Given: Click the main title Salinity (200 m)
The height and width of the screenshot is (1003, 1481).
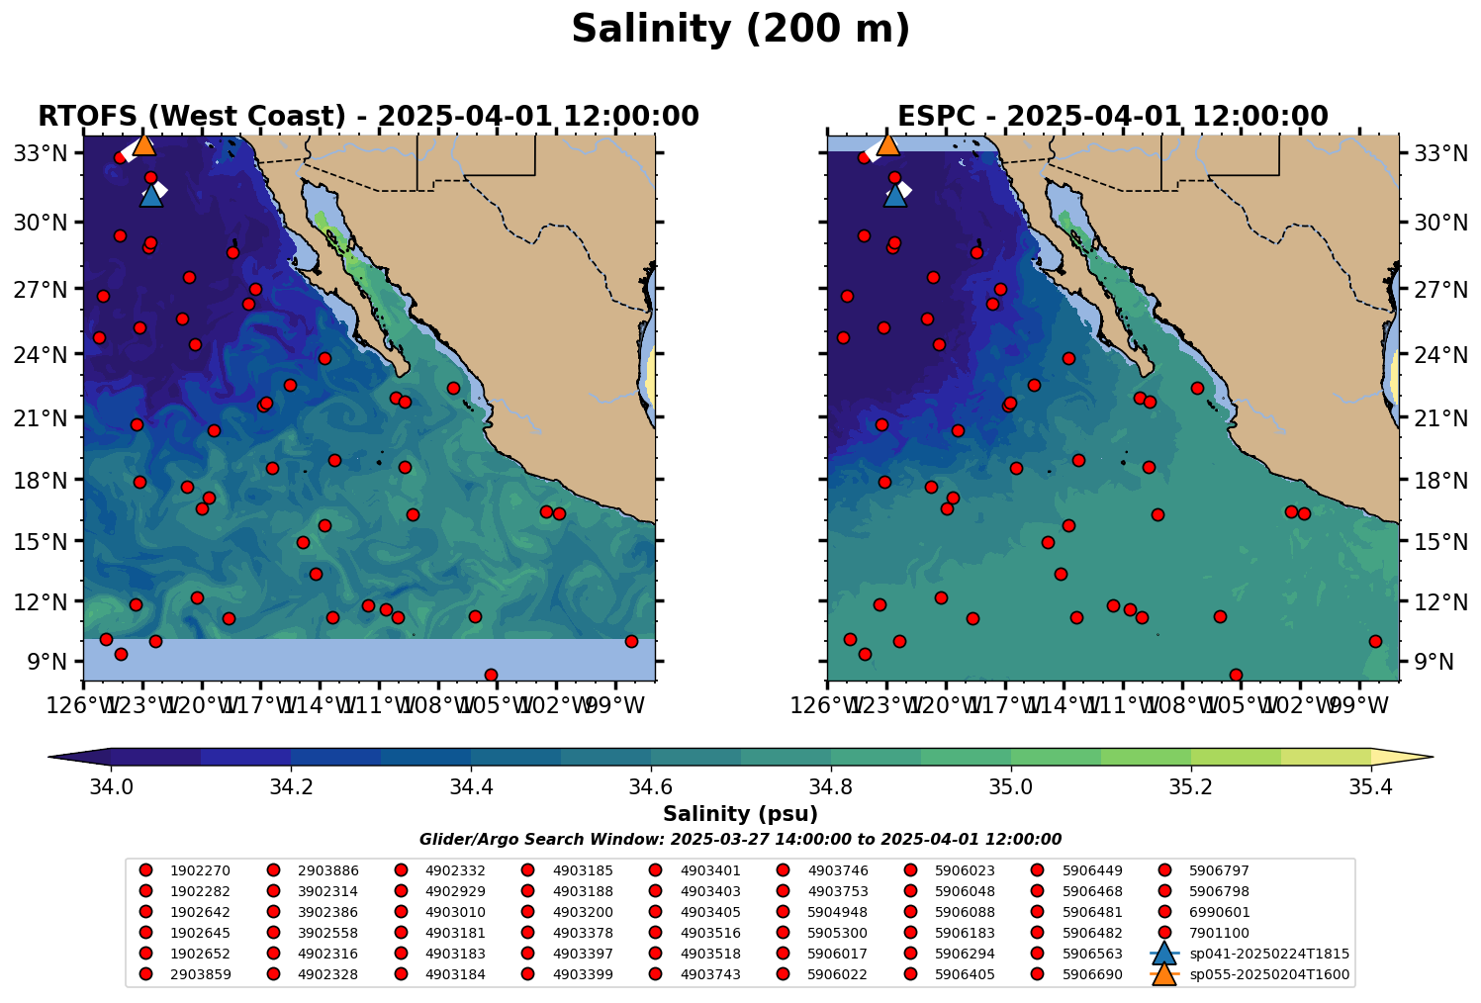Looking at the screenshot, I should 740,30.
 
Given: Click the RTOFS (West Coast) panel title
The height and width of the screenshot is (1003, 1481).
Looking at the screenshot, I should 368,117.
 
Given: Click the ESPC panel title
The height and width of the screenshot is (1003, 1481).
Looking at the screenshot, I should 1112,117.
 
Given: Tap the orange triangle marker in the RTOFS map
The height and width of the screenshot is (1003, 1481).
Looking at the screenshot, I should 143,144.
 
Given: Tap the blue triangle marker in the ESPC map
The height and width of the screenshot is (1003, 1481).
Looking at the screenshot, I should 894,195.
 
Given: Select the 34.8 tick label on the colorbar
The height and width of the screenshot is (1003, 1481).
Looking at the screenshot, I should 831,787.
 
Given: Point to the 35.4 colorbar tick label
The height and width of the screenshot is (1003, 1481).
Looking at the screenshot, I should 1371,787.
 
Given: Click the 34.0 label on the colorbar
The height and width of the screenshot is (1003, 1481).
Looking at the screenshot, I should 111,787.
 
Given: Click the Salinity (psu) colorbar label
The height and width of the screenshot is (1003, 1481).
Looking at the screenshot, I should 740,814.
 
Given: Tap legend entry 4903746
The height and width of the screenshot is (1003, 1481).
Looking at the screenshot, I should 837,871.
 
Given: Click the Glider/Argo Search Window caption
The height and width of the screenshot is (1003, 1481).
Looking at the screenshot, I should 740,840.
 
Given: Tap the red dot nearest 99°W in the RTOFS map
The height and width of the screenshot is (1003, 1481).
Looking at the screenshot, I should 631,641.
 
